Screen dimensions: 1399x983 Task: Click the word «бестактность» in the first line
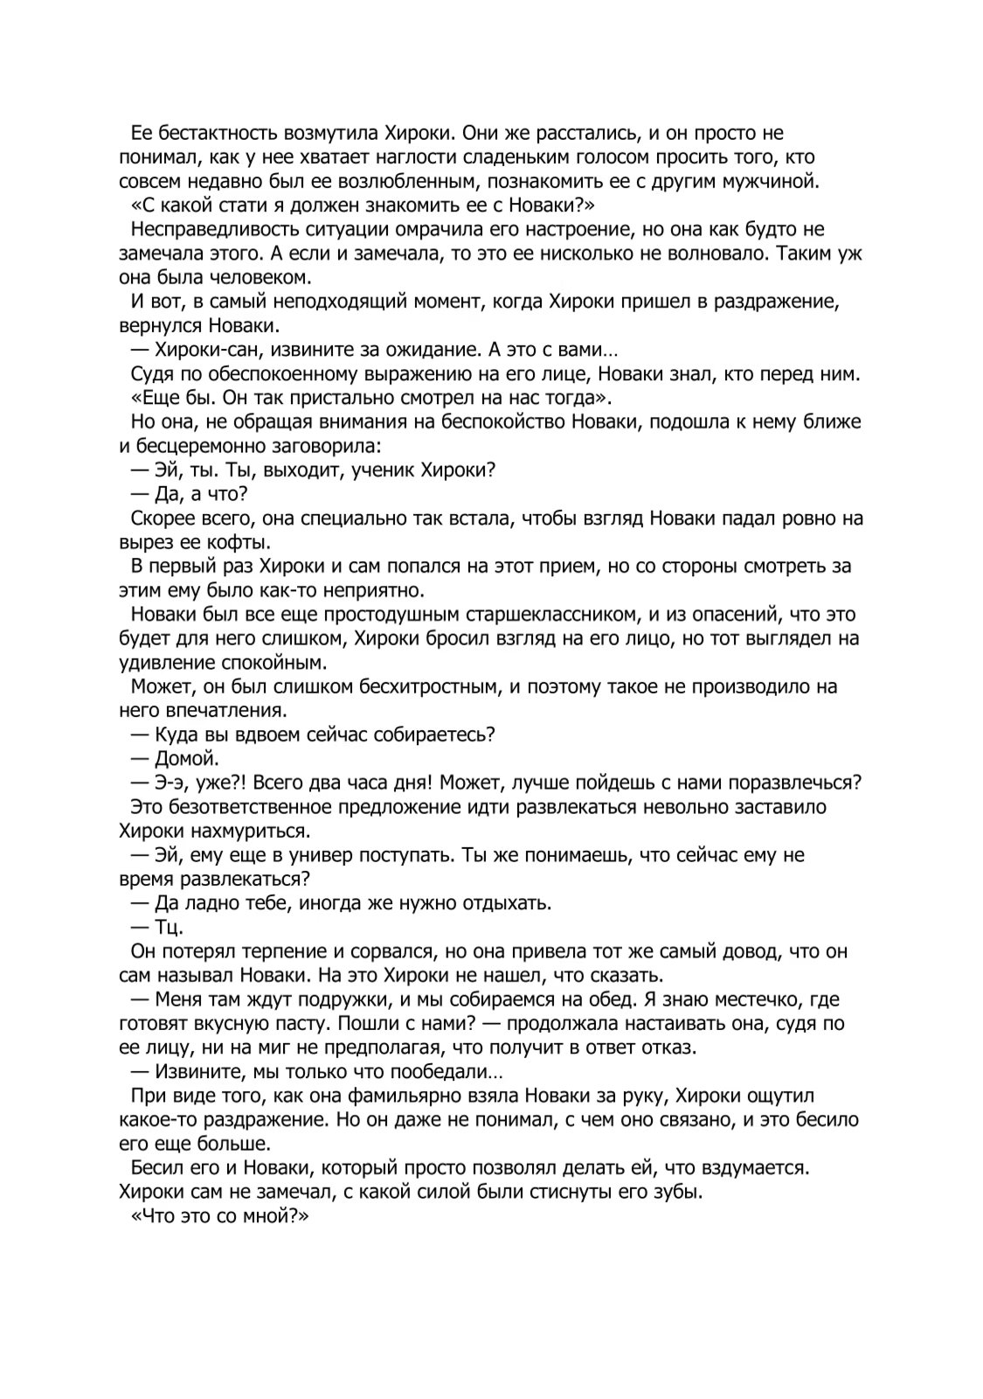coord(213,134)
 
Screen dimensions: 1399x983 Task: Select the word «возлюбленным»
coord(410,182)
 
